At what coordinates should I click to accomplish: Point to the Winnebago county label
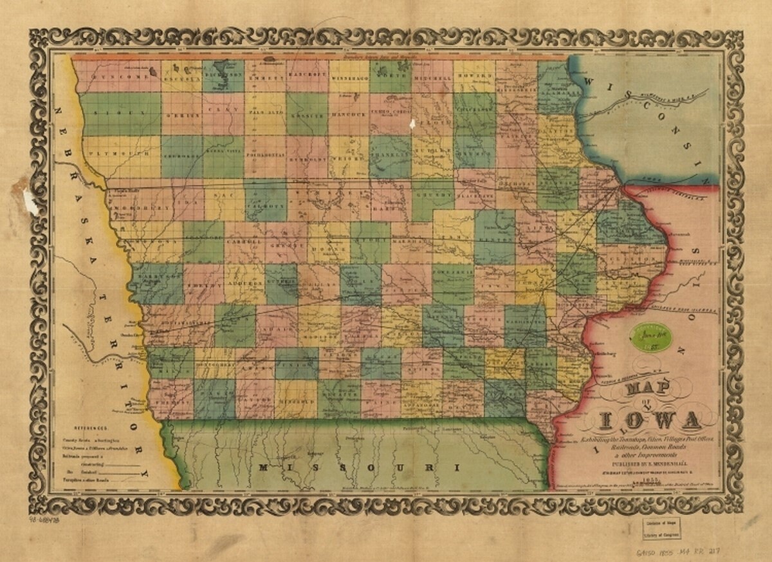[349, 79]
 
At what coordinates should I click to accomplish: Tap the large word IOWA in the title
[649, 420]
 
